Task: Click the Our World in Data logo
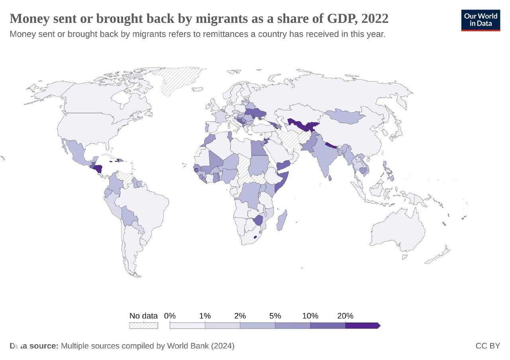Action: (x=481, y=20)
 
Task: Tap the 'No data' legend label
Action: (x=143, y=316)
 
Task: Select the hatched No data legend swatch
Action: (x=143, y=325)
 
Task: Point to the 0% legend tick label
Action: (x=170, y=316)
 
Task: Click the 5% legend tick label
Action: (x=275, y=316)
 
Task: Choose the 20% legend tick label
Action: (x=345, y=316)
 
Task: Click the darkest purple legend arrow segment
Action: (x=362, y=325)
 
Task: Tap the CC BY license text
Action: (x=487, y=346)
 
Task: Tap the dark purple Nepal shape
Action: (x=331, y=145)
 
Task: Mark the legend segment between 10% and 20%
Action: (x=328, y=325)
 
